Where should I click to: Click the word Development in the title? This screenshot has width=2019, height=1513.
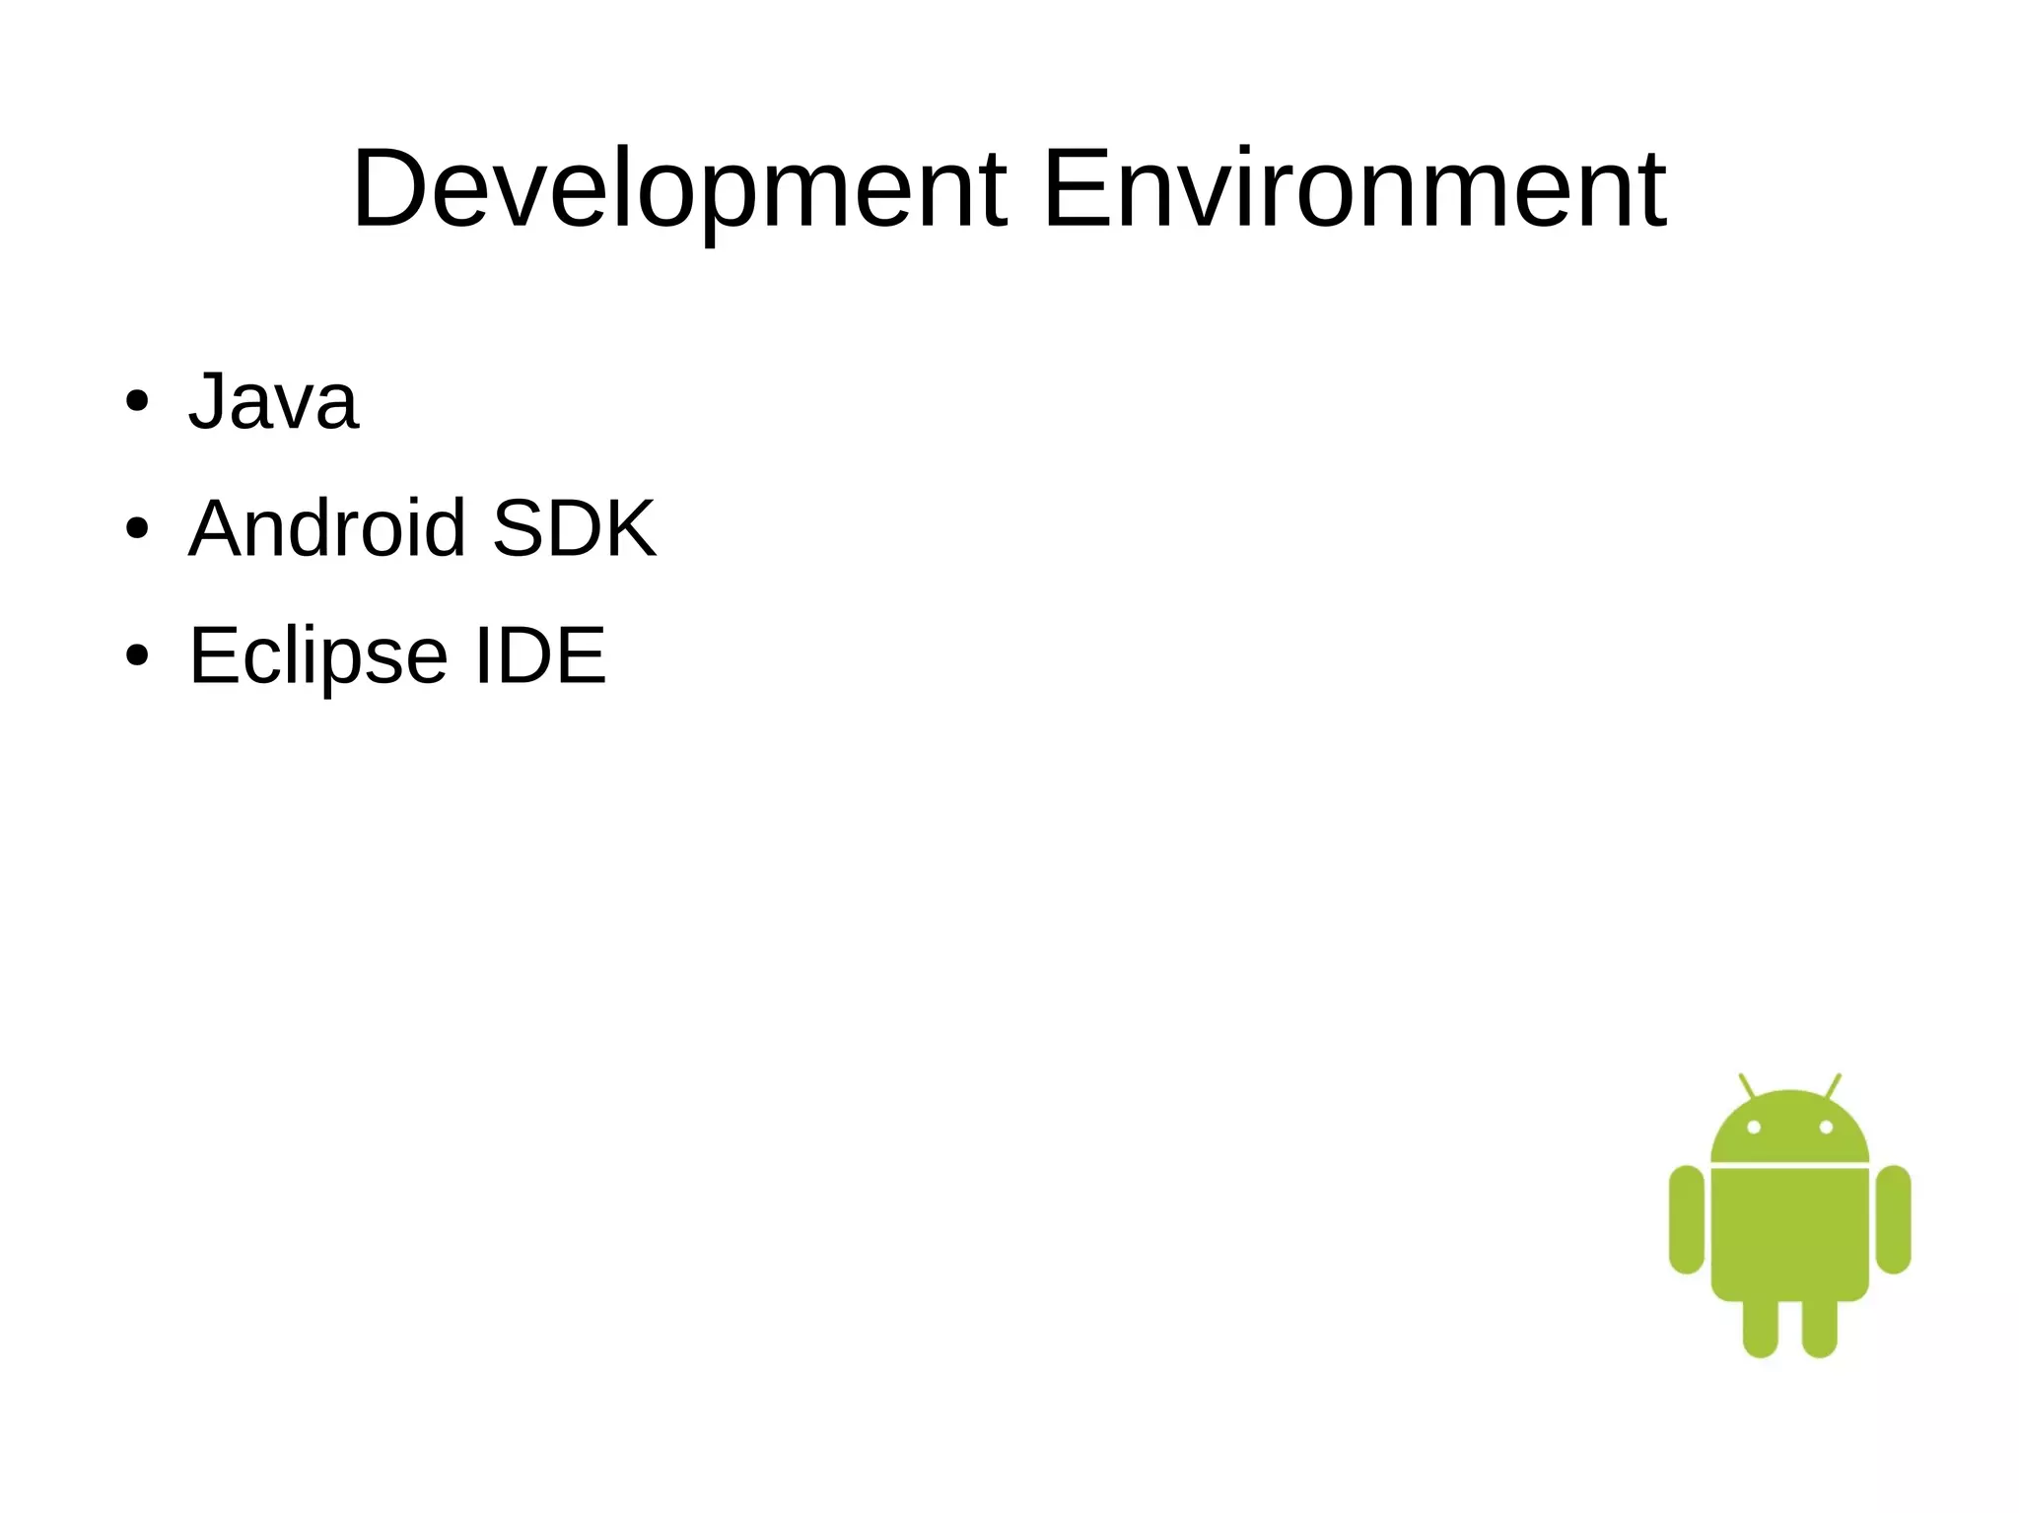coord(679,189)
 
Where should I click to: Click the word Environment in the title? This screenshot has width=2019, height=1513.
coord(1354,189)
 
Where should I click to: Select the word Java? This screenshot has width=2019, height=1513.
coord(273,401)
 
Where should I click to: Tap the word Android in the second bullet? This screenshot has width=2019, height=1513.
coord(326,528)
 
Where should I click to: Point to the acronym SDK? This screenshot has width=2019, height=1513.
coord(574,528)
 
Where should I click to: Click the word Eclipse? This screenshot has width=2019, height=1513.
coord(318,656)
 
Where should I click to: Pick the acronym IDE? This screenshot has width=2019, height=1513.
coord(540,654)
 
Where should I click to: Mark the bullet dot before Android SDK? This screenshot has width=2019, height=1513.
coord(137,529)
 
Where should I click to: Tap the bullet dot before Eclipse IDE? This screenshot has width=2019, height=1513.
coord(137,655)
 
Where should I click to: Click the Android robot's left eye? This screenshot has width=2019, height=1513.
coord(1753,1127)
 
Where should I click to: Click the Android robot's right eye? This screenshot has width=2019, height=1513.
coord(1826,1127)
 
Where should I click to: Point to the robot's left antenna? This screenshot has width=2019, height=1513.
coord(1746,1085)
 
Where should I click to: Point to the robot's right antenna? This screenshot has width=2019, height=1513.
coord(1834,1085)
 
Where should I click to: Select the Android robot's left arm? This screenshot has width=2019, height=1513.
coord(1687,1219)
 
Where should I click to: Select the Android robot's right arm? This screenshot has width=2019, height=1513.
coord(1893,1219)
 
